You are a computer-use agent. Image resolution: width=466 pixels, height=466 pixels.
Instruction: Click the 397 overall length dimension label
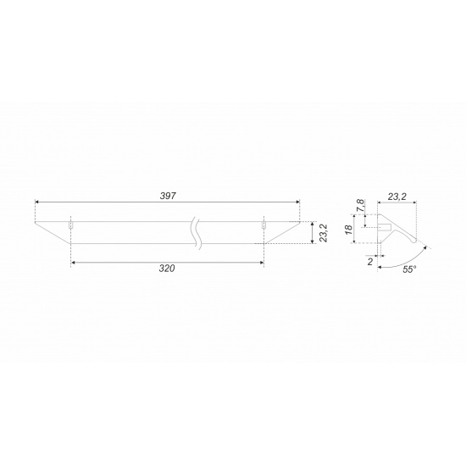click(x=168, y=196)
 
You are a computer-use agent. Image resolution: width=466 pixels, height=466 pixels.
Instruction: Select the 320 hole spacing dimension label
click(x=167, y=269)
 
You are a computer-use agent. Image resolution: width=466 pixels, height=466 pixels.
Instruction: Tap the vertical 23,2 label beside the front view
click(x=324, y=233)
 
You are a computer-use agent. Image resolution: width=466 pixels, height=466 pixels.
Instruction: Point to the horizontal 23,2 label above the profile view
click(x=397, y=197)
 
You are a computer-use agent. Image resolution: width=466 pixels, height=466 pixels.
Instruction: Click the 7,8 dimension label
click(x=360, y=205)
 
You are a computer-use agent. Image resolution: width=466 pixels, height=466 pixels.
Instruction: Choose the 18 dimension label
click(x=349, y=230)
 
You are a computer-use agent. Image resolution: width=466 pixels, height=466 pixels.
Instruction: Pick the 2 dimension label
click(x=370, y=262)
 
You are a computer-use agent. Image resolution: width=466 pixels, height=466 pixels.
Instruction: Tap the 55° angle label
click(x=409, y=269)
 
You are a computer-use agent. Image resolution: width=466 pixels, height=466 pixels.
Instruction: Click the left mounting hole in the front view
click(x=70, y=225)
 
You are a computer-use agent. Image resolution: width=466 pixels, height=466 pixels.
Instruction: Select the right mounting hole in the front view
click(x=264, y=225)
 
